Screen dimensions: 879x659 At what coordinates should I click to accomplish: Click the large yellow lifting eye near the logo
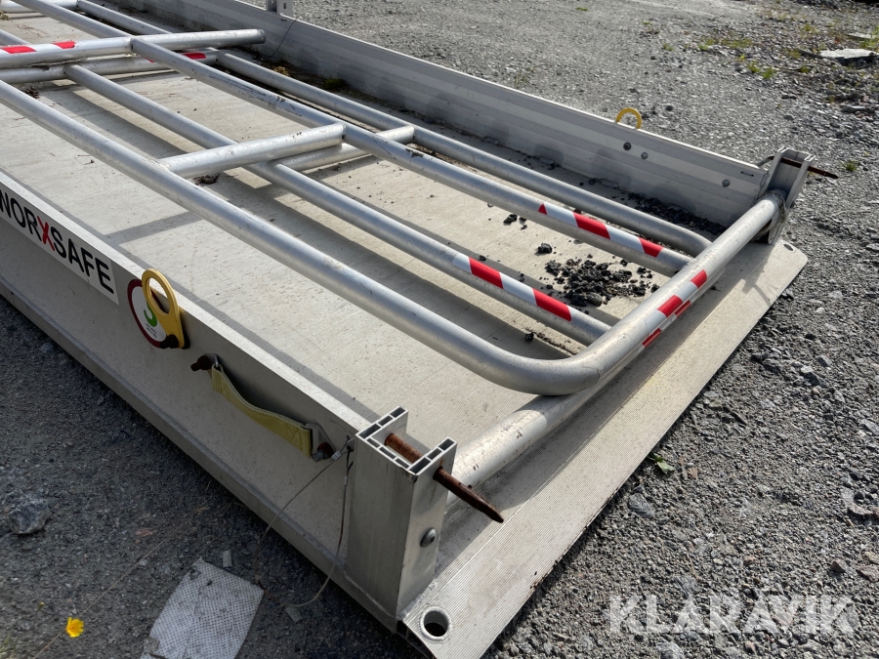[164, 308]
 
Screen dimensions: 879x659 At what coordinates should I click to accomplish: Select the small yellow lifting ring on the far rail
[628, 117]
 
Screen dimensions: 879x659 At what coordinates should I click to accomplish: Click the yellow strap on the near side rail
[260, 410]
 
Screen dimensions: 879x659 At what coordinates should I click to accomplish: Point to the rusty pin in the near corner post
[442, 475]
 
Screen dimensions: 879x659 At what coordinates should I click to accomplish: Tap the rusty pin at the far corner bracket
[809, 167]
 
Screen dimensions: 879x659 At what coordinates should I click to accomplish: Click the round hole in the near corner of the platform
[435, 623]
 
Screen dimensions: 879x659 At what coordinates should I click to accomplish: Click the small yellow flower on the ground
[74, 627]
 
